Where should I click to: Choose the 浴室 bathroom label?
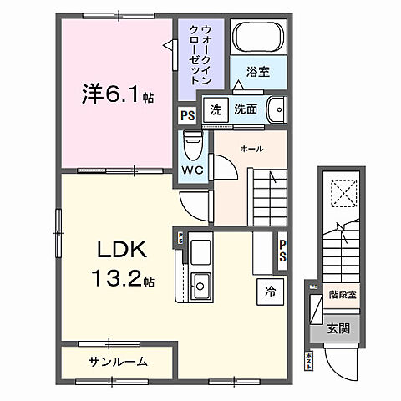(x=256, y=72)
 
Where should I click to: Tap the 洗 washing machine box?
(x=216, y=110)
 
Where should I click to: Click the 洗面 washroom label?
(x=244, y=109)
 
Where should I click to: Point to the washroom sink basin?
(x=276, y=109)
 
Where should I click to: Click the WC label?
(x=193, y=170)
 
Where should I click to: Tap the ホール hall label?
(x=252, y=149)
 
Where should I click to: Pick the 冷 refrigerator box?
(x=270, y=292)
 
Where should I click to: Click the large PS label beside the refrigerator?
(x=283, y=251)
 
